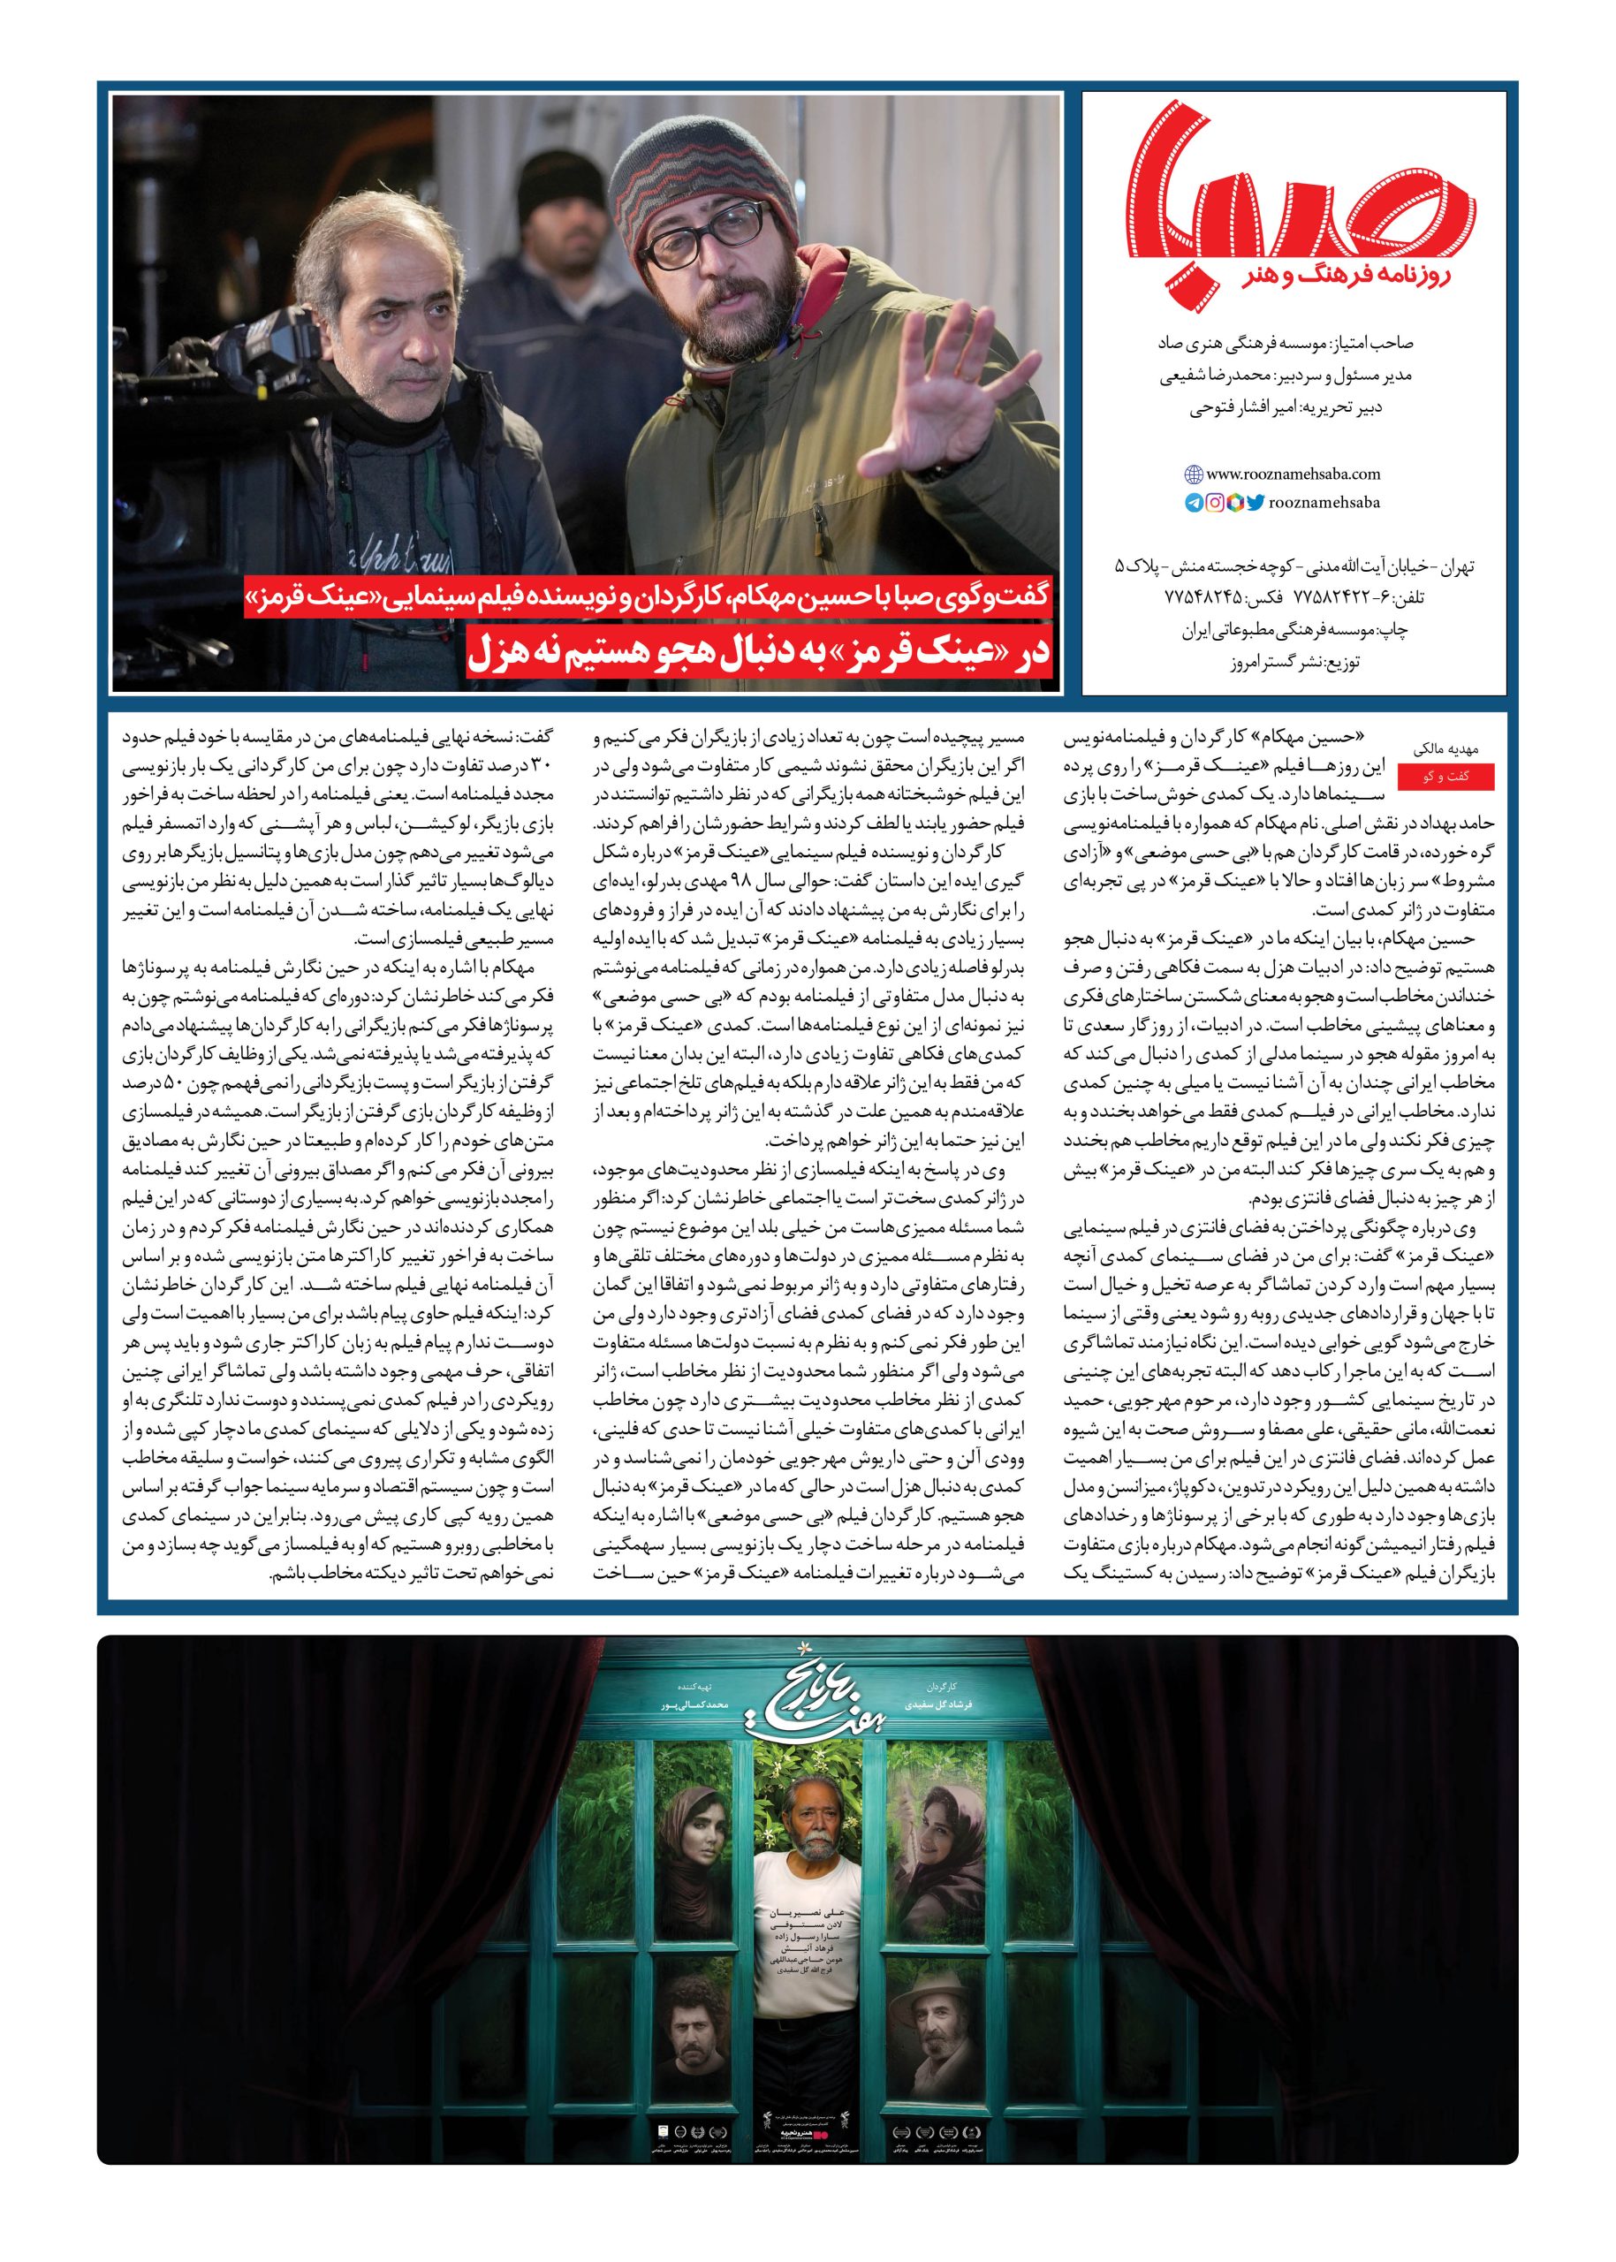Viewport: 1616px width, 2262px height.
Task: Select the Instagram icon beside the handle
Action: click(1215, 504)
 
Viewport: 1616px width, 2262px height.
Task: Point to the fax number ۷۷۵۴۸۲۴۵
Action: click(1204, 600)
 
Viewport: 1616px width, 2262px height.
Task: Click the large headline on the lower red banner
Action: click(762, 655)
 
